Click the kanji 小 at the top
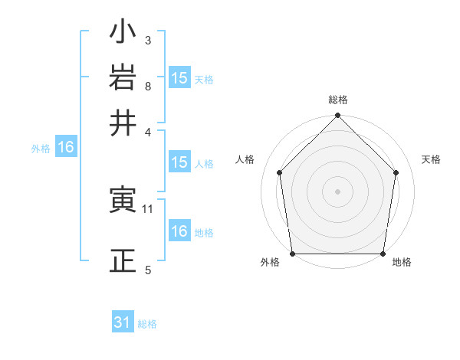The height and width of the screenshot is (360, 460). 123,34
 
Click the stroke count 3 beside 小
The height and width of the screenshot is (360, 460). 147,39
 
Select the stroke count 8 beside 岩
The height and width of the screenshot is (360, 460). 147,86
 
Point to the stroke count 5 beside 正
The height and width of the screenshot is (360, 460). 147,270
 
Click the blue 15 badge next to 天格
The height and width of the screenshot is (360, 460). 179,78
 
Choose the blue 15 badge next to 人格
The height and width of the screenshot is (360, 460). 179,162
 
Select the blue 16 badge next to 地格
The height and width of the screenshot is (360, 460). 179,231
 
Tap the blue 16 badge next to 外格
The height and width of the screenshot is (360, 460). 66,148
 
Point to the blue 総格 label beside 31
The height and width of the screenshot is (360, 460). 148,324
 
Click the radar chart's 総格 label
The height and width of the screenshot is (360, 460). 338,100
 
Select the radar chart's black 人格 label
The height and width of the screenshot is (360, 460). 245,159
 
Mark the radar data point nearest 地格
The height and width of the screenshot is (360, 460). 383,254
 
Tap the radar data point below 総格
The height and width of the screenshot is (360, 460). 338,116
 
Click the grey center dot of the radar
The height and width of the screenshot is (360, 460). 338,191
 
